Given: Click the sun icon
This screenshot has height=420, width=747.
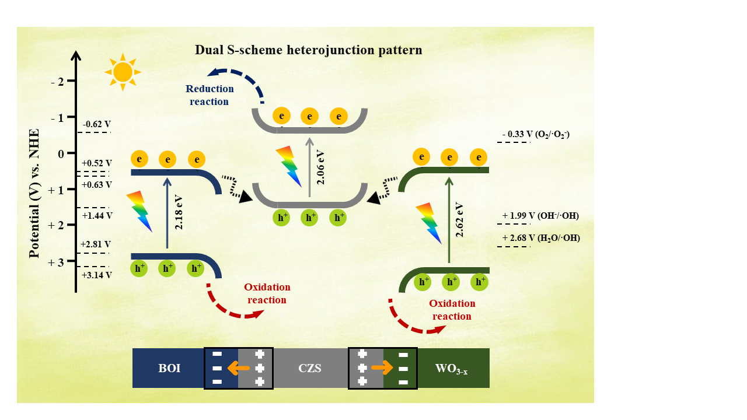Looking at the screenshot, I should [x=123, y=72].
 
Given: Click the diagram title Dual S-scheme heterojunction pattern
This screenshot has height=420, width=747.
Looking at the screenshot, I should [x=308, y=50].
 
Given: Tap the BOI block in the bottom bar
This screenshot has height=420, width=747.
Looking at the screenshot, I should [x=169, y=369].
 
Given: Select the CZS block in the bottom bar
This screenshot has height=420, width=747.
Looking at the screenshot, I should [x=310, y=369].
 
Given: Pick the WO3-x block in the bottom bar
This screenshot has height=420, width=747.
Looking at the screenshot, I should [x=452, y=369].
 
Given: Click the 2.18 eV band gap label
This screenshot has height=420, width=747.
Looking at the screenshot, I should [x=179, y=213].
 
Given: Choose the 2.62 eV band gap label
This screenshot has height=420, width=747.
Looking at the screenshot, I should [x=459, y=220].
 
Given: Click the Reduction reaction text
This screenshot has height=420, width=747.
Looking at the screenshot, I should [x=210, y=95].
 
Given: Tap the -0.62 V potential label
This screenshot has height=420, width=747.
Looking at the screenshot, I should [x=97, y=124].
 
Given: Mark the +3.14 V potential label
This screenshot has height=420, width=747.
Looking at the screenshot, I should [x=97, y=275].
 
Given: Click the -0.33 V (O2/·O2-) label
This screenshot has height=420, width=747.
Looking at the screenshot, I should [x=536, y=134].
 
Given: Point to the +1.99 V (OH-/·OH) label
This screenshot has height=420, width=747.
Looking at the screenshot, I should [x=540, y=216].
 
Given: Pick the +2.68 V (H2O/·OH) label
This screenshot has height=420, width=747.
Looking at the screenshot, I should [x=541, y=238].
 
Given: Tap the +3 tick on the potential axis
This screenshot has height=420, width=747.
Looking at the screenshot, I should [x=61, y=261].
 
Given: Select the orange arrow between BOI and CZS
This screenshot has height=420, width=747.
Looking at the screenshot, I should [x=238, y=368].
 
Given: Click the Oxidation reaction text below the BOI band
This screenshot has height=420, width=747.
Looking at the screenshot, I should [x=267, y=293].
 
